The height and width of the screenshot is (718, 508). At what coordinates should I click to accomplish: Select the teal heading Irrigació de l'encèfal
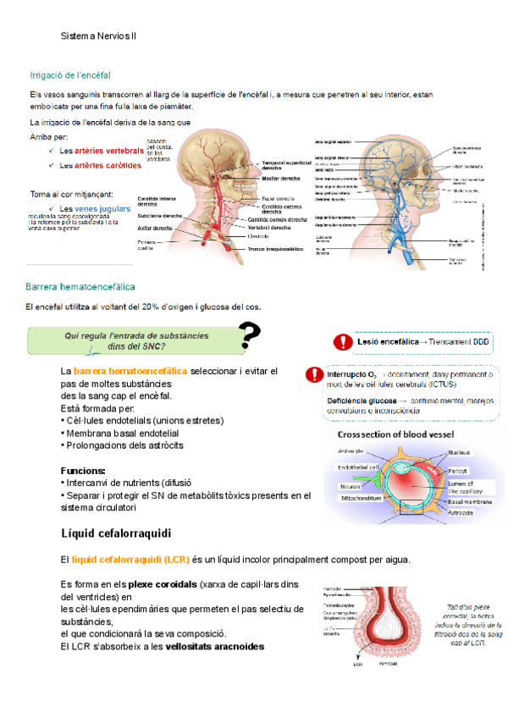(70, 75)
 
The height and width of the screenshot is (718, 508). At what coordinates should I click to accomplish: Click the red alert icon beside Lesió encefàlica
(342, 341)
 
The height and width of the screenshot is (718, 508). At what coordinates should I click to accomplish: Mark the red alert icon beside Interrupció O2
(314, 373)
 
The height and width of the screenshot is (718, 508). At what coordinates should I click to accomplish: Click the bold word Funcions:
(83, 470)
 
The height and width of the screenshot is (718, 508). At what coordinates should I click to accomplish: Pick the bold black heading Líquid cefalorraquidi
(116, 533)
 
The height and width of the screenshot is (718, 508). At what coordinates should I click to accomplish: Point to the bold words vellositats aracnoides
(215, 646)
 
